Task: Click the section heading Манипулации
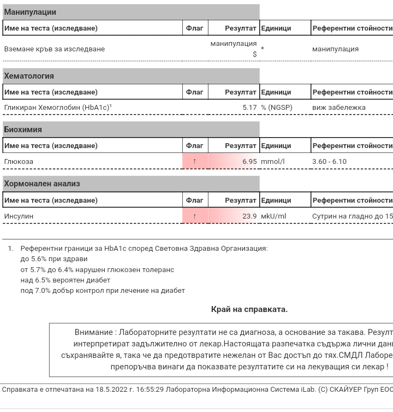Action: pos(30,12)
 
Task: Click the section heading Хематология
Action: pos(29,76)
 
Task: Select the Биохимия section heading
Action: pos(23,130)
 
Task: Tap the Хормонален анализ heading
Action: pos(42,184)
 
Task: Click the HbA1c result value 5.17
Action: pos(249,108)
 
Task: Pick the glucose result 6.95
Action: pos(249,162)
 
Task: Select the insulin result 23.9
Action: pos(249,216)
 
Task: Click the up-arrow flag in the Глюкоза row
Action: pos(195,162)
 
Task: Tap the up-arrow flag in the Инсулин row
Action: pos(195,216)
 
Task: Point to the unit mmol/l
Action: pos(273,162)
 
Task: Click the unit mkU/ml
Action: pos(273,216)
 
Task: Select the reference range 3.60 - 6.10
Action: pos(329,162)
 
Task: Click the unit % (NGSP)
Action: pos(277,108)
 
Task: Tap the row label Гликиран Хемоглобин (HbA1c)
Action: pos(57,108)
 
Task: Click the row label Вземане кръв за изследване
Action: pos(55,49)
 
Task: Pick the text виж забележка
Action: pos(339,108)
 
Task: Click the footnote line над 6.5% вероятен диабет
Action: pos(65,280)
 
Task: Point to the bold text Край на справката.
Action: pos(249,309)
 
